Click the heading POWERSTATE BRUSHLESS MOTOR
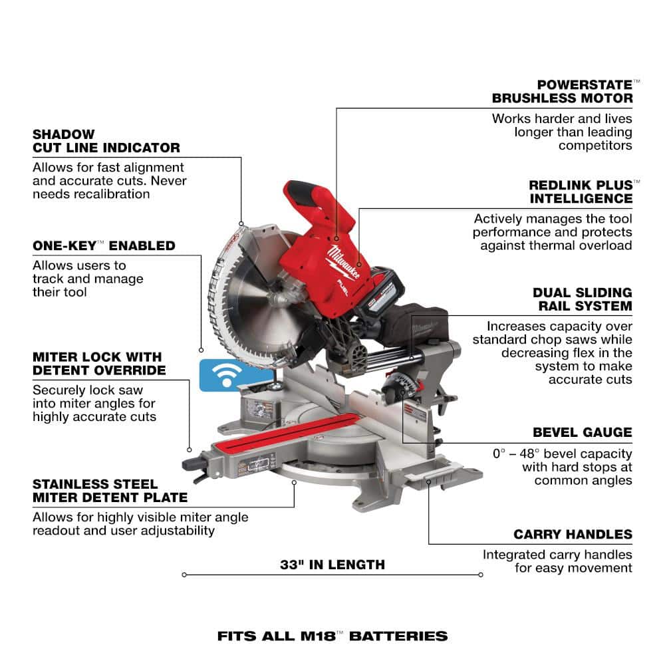pyautogui.click(x=563, y=92)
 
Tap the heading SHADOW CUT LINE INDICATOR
pyautogui.click(x=106, y=141)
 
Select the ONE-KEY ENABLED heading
pyautogui.click(x=104, y=245)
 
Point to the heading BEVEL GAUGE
pyautogui.click(x=583, y=432)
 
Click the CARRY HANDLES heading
pyautogui.click(x=573, y=534)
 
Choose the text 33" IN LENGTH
pyautogui.click(x=332, y=565)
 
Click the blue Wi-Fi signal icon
pyautogui.click(x=227, y=375)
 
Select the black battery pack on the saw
pyautogui.click(x=379, y=293)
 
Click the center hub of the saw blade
pyautogui.click(x=277, y=297)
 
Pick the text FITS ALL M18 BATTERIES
pyautogui.click(x=332, y=636)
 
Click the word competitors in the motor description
pyautogui.click(x=595, y=146)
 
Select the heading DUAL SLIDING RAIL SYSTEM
pyautogui.click(x=583, y=299)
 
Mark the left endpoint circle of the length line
pyautogui.click(x=184, y=575)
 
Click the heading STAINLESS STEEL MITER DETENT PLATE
pyautogui.click(x=110, y=491)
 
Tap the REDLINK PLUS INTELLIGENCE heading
pyautogui.click(x=581, y=192)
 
